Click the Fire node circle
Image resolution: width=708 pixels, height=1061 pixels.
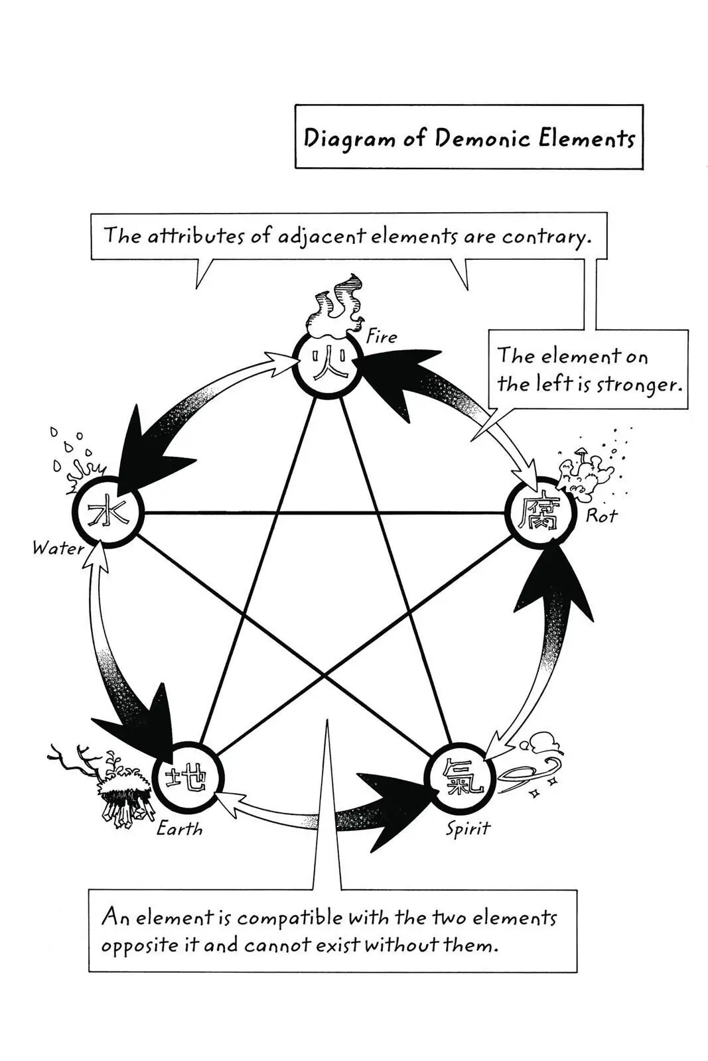[x=328, y=364]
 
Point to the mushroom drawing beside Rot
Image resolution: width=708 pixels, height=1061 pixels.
[x=584, y=470]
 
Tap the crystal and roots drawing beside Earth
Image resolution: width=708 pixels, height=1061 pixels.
[x=113, y=786]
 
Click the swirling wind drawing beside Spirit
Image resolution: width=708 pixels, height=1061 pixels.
[x=531, y=763]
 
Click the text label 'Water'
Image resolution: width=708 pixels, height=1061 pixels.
[x=58, y=548]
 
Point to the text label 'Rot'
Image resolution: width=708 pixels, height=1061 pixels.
[x=601, y=515]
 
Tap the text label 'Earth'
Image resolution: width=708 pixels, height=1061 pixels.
[x=179, y=828]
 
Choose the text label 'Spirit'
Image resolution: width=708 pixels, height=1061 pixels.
[x=468, y=828]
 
